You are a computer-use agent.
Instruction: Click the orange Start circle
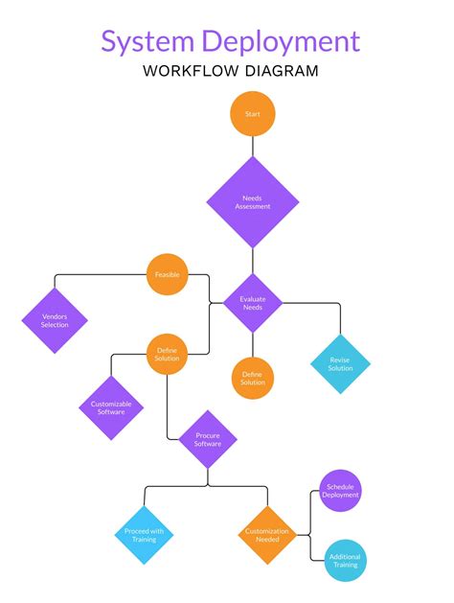(x=253, y=114)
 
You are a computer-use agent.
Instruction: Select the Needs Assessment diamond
(x=253, y=201)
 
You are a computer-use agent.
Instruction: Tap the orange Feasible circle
(x=168, y=275)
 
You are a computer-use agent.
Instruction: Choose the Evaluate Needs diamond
(x=253, y=303)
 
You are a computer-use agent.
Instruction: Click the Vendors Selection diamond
(x=55, y=320)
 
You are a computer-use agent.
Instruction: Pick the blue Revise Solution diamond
(x=340, y=363)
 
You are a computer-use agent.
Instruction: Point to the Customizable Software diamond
(x=111, y=408)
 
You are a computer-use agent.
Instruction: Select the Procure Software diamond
(x=208, y=439)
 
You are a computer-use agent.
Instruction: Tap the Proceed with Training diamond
(x=145, y=535)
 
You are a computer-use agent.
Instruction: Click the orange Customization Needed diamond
(x=267, y=535)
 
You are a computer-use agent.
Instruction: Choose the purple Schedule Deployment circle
(x=340, y=491)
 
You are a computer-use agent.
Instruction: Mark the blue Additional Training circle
(x=345, y=561)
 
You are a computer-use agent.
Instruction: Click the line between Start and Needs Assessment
(x=253, y=146)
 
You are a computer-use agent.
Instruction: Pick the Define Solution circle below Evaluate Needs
(x=253, y=377)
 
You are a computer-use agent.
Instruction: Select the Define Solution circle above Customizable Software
(x=168, y=355)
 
